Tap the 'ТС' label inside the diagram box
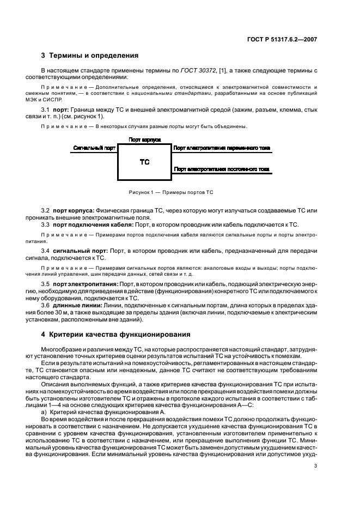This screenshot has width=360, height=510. [x=144, y=162]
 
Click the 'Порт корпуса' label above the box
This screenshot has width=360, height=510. [x=144, y=140]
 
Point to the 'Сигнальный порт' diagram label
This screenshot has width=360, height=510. [x=94, y=148]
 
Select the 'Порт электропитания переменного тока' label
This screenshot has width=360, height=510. [x=221, y=148]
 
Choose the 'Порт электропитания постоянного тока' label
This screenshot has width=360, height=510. [x=221, y=169]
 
